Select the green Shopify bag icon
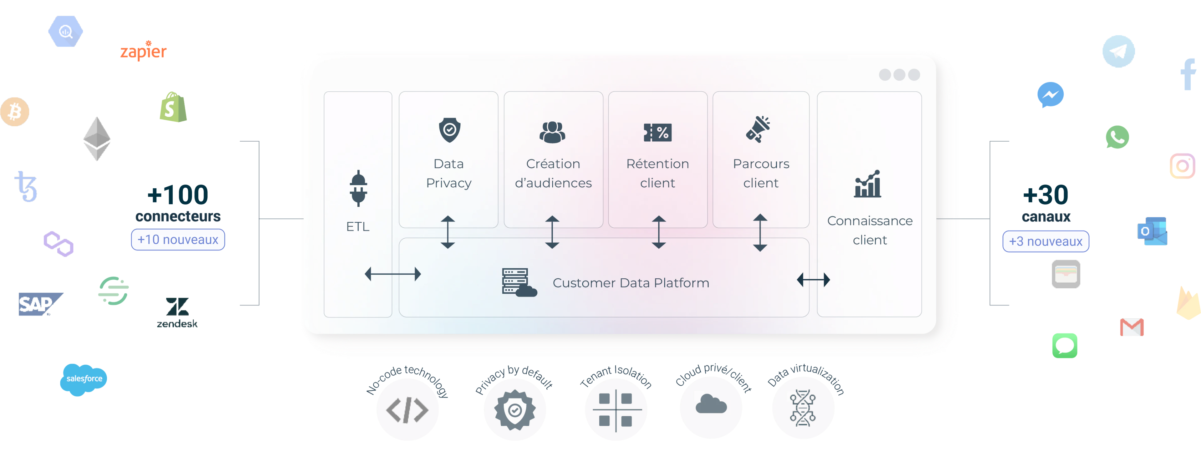[x=173, y=107]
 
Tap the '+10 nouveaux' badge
[x=178, y=240]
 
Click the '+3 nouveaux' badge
[x=1045, y=241]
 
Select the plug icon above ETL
[x=358, y=188]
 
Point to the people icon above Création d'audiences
[x=552, y=132]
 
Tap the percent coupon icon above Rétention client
[x=657, y=132]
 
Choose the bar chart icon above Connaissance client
[x=868, y=184]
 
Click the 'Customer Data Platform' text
[x=630, y=283]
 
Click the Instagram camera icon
[x=1182, y=166]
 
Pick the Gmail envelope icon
[x=1132, y=328]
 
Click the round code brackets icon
[x=407, y=410]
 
